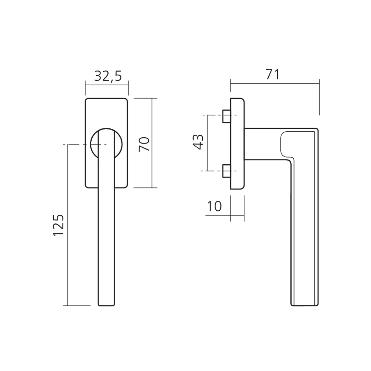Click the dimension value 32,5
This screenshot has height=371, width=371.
[x=108, y=76]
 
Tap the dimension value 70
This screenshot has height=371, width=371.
[x=144, y=144]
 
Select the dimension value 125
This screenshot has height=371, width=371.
[x=58, y=225]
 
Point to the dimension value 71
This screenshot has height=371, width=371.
[x=272, y=75]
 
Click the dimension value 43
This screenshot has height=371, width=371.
[x=198, y=142]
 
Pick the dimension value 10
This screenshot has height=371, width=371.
[x=214, y=206]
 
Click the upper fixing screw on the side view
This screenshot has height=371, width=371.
[x=226, y=116]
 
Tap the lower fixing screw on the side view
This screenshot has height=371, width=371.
[x=226, y=171]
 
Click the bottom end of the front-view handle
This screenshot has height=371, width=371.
[x=106, y=305]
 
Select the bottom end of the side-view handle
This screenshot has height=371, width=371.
[x=305, y=305]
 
